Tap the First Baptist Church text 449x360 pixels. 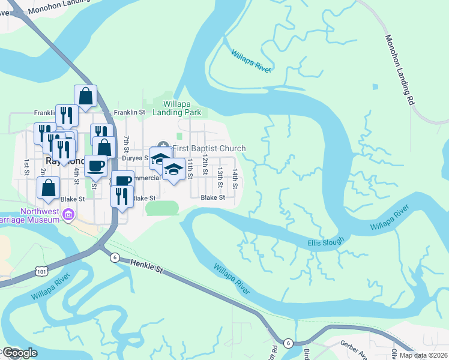point(209,148)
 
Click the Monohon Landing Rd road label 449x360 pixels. point(400,70)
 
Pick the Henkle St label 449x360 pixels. point(145,263)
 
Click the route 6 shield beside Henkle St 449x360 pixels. point(114,257)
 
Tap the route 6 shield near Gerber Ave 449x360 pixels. point(289,343)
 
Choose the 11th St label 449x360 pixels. point(189,164)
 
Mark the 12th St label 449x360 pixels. point(205,163)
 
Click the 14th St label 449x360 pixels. point(235,179)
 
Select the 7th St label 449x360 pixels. point(127,144)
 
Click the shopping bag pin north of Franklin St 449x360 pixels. point(86,96)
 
